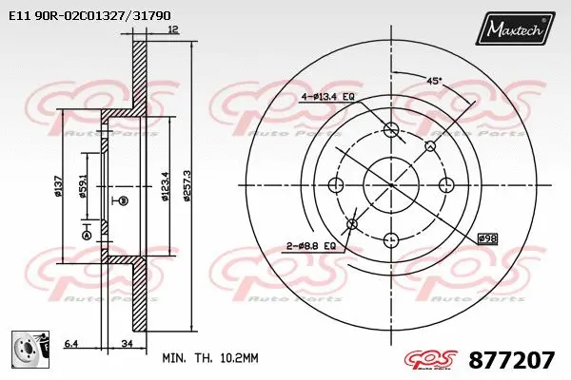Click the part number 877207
pyautogui.click(x=511, y=360)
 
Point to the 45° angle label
pyautogui.click(x=434, y=83)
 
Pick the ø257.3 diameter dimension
pyautogui.click(x=189, y=190)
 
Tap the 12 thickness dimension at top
pyautogui.click(x=172, y=29)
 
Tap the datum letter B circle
pyautogui.click(x=122, y=200)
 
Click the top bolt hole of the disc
pyautogui.click(x=389, y=129)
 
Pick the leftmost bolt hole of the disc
pyautogui.click(x=334, y=184)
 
